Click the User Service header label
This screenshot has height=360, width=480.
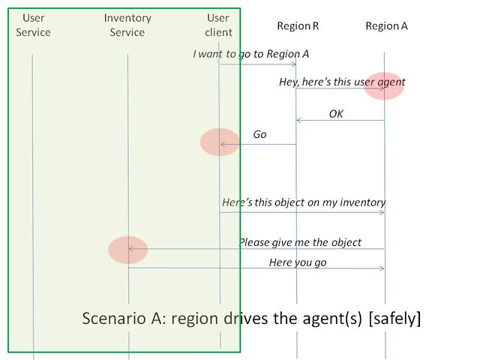click(33, 25)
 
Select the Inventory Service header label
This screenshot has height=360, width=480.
click(127, 25)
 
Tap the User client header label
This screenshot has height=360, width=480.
click(219, 25)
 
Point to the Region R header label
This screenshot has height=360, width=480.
click(298, 25)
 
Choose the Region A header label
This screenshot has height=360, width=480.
click(386, 25)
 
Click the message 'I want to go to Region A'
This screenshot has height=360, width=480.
click(250, 54)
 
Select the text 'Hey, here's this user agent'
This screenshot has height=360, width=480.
click(342, 82)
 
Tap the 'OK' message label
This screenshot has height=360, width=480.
click(336, 114)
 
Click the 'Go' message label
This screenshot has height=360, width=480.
click(259, 135)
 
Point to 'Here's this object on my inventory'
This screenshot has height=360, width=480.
click(304, 202)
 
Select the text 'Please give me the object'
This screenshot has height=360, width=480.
click(300, 242)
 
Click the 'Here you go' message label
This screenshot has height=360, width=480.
click(298, 262)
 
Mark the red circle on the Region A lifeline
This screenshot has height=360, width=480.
click(384, 86)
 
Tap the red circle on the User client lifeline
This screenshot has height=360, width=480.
click(220, 142)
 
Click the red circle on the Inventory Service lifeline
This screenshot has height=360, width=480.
click(127, 250)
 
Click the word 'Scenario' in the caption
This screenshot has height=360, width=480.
click(112, 318)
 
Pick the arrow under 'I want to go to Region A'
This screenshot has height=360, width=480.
click(258, 64)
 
